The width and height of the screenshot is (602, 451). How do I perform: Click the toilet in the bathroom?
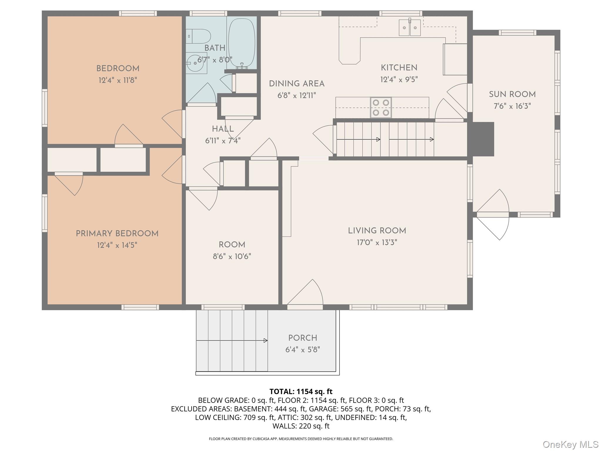199,37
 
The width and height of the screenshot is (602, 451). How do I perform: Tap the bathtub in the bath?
242,43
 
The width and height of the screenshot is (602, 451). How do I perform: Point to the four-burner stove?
381,107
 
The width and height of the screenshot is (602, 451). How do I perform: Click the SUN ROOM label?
512,95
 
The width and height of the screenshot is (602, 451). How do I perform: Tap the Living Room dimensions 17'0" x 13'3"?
377,243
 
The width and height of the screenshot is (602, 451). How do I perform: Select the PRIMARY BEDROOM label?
117,234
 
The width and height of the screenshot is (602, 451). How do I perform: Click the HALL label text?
223,129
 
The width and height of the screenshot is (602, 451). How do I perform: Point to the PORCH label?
302,338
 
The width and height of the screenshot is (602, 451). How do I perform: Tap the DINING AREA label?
297,84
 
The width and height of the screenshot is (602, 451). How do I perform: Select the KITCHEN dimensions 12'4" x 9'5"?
399,80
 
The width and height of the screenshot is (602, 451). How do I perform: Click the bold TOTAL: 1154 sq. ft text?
301,391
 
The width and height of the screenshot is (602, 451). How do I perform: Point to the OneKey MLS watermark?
570,444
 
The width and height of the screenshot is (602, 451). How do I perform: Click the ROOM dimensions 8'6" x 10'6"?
232,257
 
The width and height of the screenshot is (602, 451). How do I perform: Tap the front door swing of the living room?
309,294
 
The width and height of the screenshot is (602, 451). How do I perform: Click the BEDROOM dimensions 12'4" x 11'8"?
118,80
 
